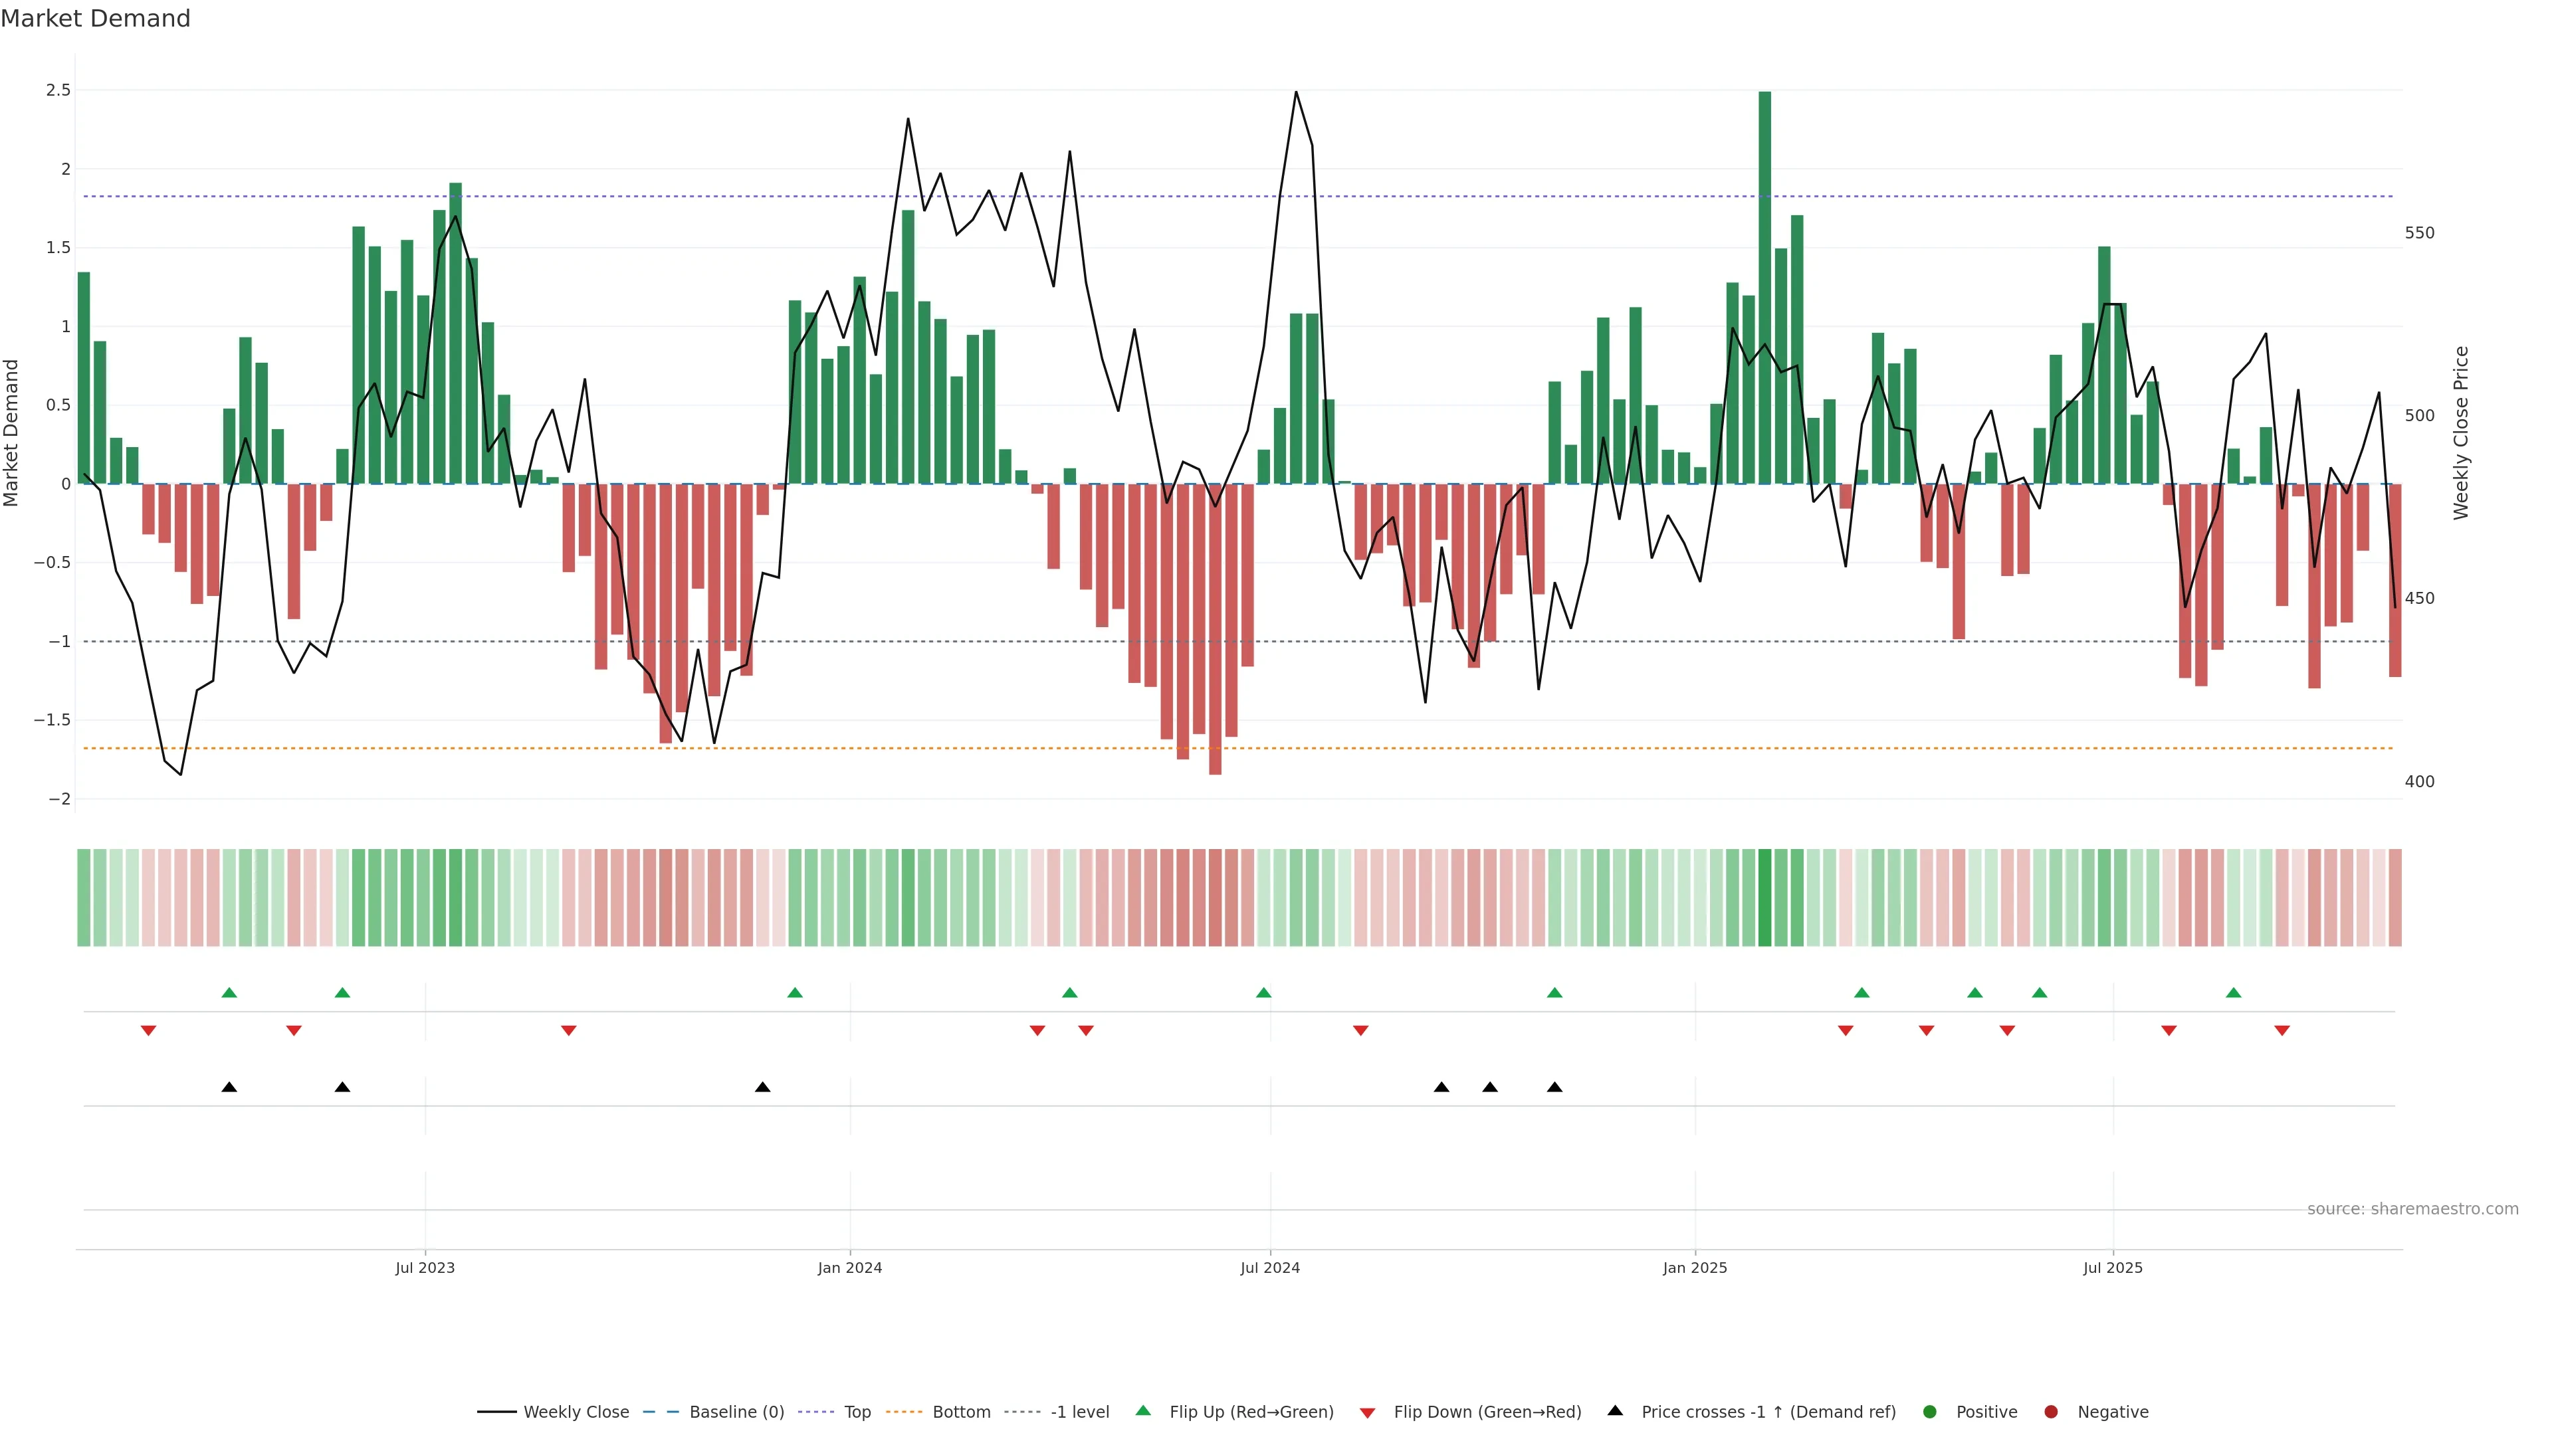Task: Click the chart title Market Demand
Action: [95, 19]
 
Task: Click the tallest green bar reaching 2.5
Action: [1764, 287]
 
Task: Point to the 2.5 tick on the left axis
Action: [58, 90]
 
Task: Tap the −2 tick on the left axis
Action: [58, 799]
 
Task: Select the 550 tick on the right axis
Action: [2419, 233]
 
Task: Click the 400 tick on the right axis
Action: [2419, 781]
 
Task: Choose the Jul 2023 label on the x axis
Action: [425, 1268]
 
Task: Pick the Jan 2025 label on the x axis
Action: [1695, 1268]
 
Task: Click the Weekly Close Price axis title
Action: [2462, 432]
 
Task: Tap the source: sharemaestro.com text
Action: [2412, 1209]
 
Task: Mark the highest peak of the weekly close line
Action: [1296, 93]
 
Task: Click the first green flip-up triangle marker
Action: [229, 993]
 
